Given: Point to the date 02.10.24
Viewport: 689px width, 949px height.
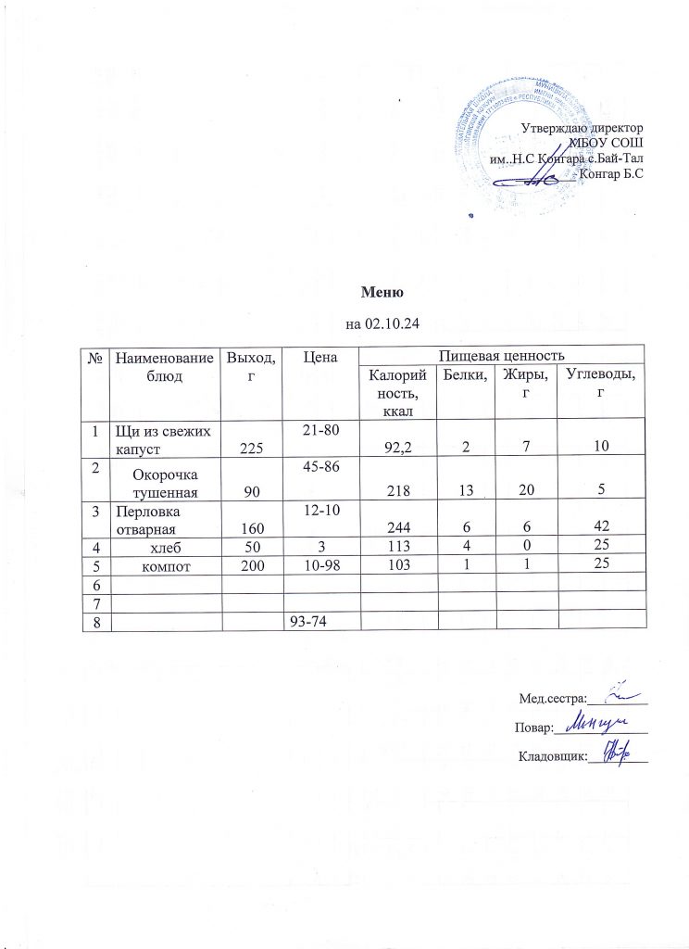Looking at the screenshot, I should [394, 324].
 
